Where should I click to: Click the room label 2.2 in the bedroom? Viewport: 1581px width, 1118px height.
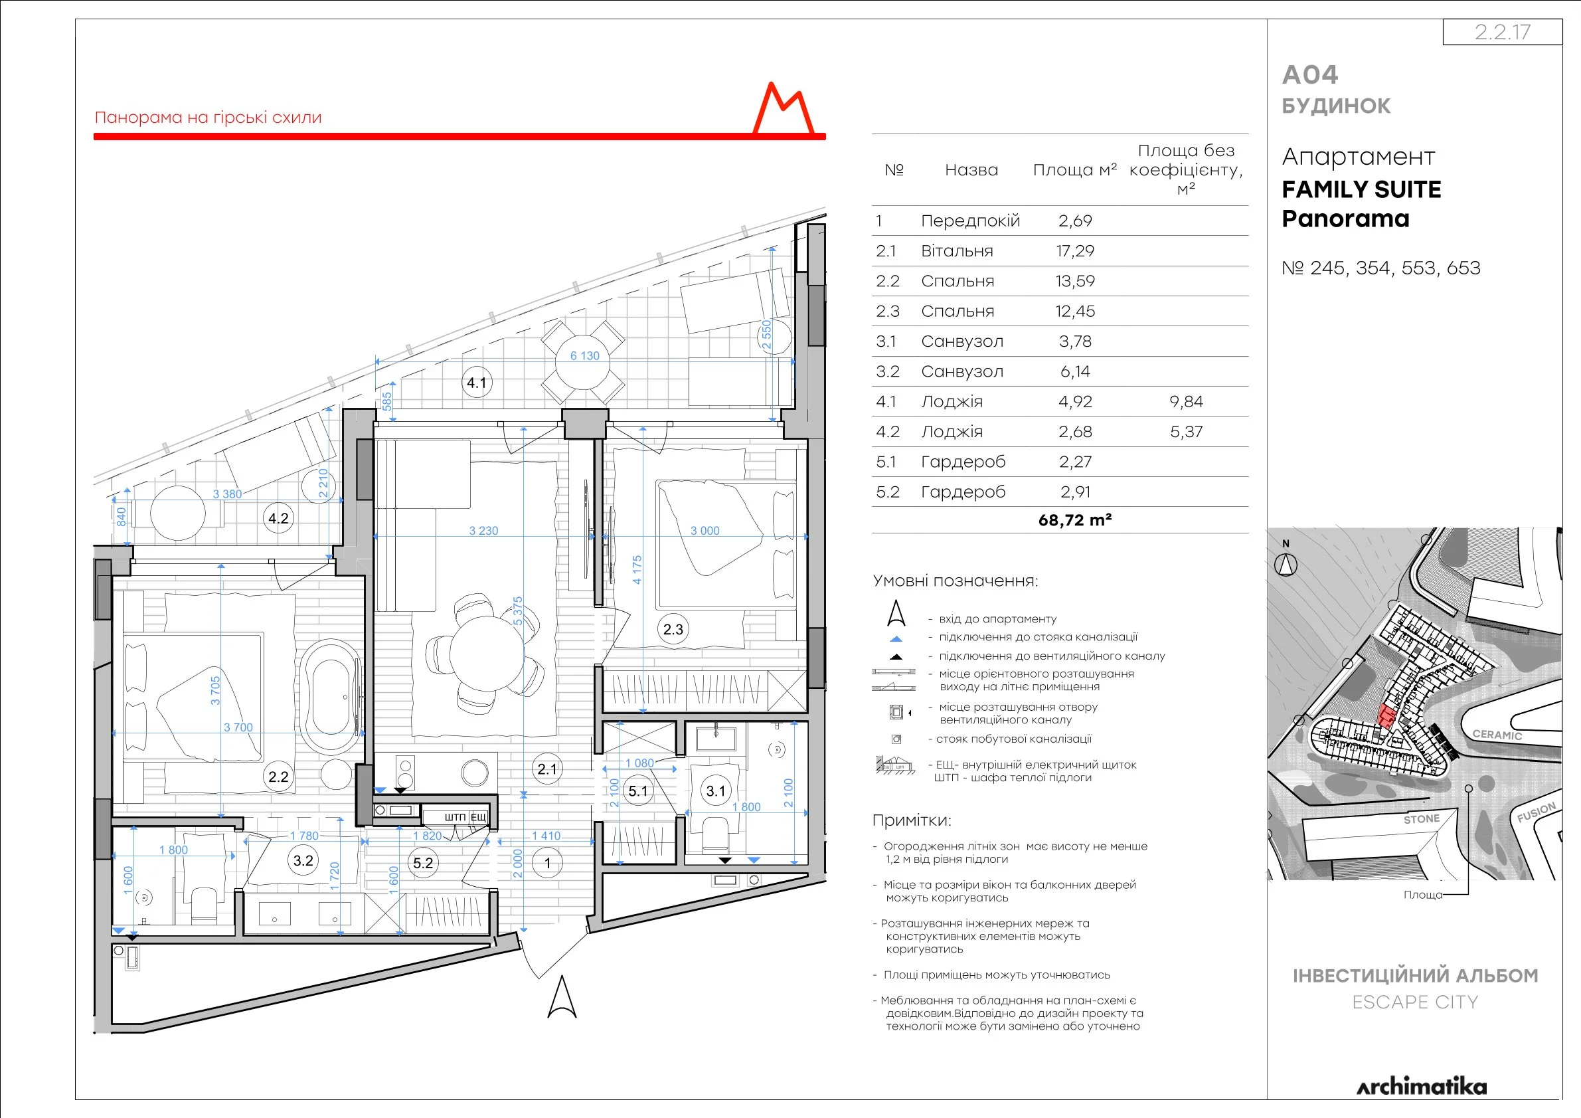(278, 777)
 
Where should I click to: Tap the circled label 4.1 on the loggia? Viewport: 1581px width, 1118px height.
(477, 383)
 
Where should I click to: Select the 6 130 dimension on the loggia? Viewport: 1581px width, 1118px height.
(584, 356)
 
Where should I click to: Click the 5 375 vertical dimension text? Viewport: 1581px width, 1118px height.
(518, 610)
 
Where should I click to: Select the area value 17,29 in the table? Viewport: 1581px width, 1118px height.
(1075, 250)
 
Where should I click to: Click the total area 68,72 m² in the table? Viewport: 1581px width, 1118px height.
(1075, 520)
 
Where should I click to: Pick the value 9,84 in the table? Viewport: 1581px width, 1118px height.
(1186, 402)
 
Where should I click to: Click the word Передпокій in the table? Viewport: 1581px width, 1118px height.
(970, 221)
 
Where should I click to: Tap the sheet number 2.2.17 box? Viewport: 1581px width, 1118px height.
(1502, 32)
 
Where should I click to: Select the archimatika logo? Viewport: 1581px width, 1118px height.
(1421, 1086)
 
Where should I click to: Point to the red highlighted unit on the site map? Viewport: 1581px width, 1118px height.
(1386, 716)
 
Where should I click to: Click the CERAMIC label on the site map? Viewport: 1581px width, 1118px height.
(1497, 735)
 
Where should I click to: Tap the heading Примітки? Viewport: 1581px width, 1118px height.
(911, 820)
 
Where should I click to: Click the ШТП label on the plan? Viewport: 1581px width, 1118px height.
(454, 817)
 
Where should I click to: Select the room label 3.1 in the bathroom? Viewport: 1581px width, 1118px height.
(715, 791)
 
